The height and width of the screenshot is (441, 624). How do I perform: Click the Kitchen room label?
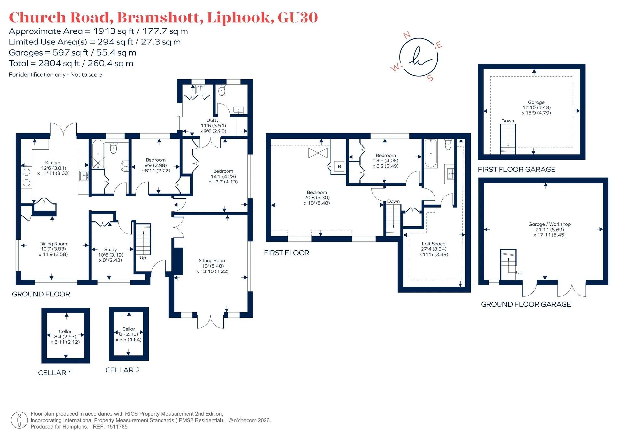pyautogui.click(x=53, y=163)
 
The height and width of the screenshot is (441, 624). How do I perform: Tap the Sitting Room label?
pyautogui.click(x=213, y=260)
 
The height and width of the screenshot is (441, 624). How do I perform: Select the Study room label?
pyautogui.click(x=110, y=249)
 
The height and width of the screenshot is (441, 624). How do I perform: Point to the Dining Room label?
pyautogui.click(x=53, y=244)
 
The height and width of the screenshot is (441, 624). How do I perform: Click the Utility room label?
pyautogui.click(x=213, y=120)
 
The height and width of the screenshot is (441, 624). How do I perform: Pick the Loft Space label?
pyautogui.click(x=434, y=244)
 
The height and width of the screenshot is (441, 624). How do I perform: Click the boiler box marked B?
pyautogui.click(x=339, y=167)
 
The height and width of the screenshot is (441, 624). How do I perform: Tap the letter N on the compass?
pyautogui.click(x=407, y=35)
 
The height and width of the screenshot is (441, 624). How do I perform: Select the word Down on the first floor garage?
pyautogui.click(x=508, y=121)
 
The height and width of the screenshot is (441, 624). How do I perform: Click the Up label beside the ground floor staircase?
pyautogui.click(x=143, y=258)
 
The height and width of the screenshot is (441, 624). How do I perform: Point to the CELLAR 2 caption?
pyautogui.click(x=123, y=370)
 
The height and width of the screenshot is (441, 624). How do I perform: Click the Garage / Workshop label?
pyautogui.click(x=550, y=224)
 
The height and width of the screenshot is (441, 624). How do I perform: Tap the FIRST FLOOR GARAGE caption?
pyautogui.click(x=516, y=169)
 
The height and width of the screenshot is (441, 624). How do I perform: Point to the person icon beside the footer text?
pyautogui.click(x=19, y=420)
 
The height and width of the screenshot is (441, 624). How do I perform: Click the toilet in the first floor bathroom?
pyautogui.click(x=448, y=145)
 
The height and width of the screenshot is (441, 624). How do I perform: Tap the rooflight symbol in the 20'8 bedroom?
pyautogui.click(x=318, y=153)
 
